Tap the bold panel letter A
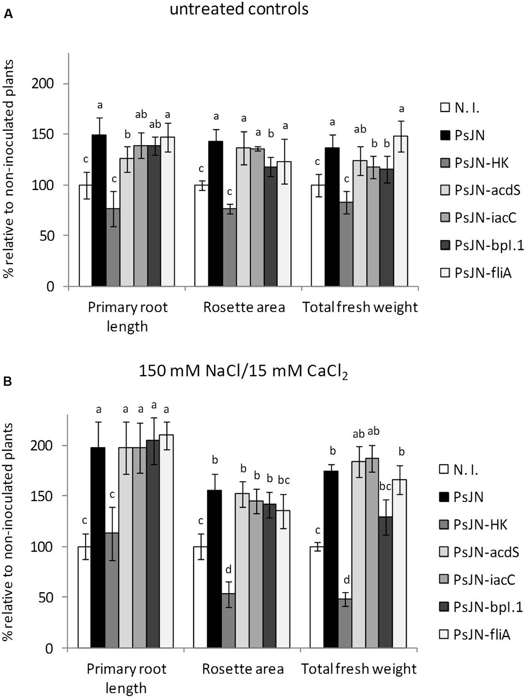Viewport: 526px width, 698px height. click(8, 14)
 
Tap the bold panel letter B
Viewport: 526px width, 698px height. click(8, 382)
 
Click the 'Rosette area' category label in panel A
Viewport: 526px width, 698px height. click(244, 307)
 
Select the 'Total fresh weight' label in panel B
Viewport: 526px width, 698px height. click(359, 669)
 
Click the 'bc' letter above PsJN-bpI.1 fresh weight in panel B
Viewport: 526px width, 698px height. click(385, 487)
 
